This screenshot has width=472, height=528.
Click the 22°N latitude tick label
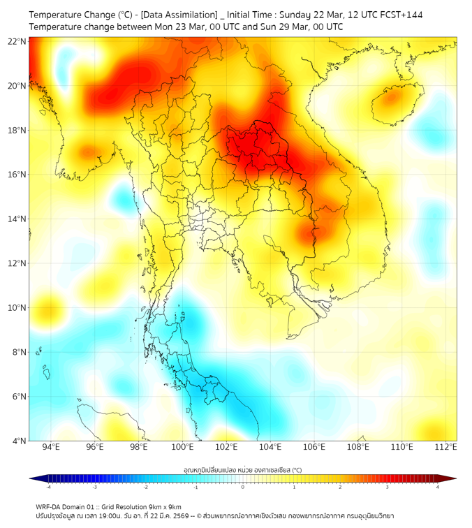click(x=17, y=41)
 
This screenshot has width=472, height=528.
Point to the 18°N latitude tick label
click(x=17, y=130)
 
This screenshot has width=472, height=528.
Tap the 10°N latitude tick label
click(x=17, y=307)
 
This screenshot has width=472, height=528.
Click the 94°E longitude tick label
click(x=50, y=447)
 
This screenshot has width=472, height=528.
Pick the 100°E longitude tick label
click(x=182, y=447)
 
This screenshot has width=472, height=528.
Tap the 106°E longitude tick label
click(x=314, y=447)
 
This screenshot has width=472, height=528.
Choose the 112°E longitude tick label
click(x=446, y=447)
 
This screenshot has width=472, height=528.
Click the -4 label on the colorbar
click(x=48, y=487)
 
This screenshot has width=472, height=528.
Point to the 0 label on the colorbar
click(x=243, y=487)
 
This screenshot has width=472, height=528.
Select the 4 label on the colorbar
click(x=437, y=487)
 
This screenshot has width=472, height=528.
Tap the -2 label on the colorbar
click(x=145, y=487)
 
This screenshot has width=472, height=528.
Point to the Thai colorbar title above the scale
click(x=242, y=470)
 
